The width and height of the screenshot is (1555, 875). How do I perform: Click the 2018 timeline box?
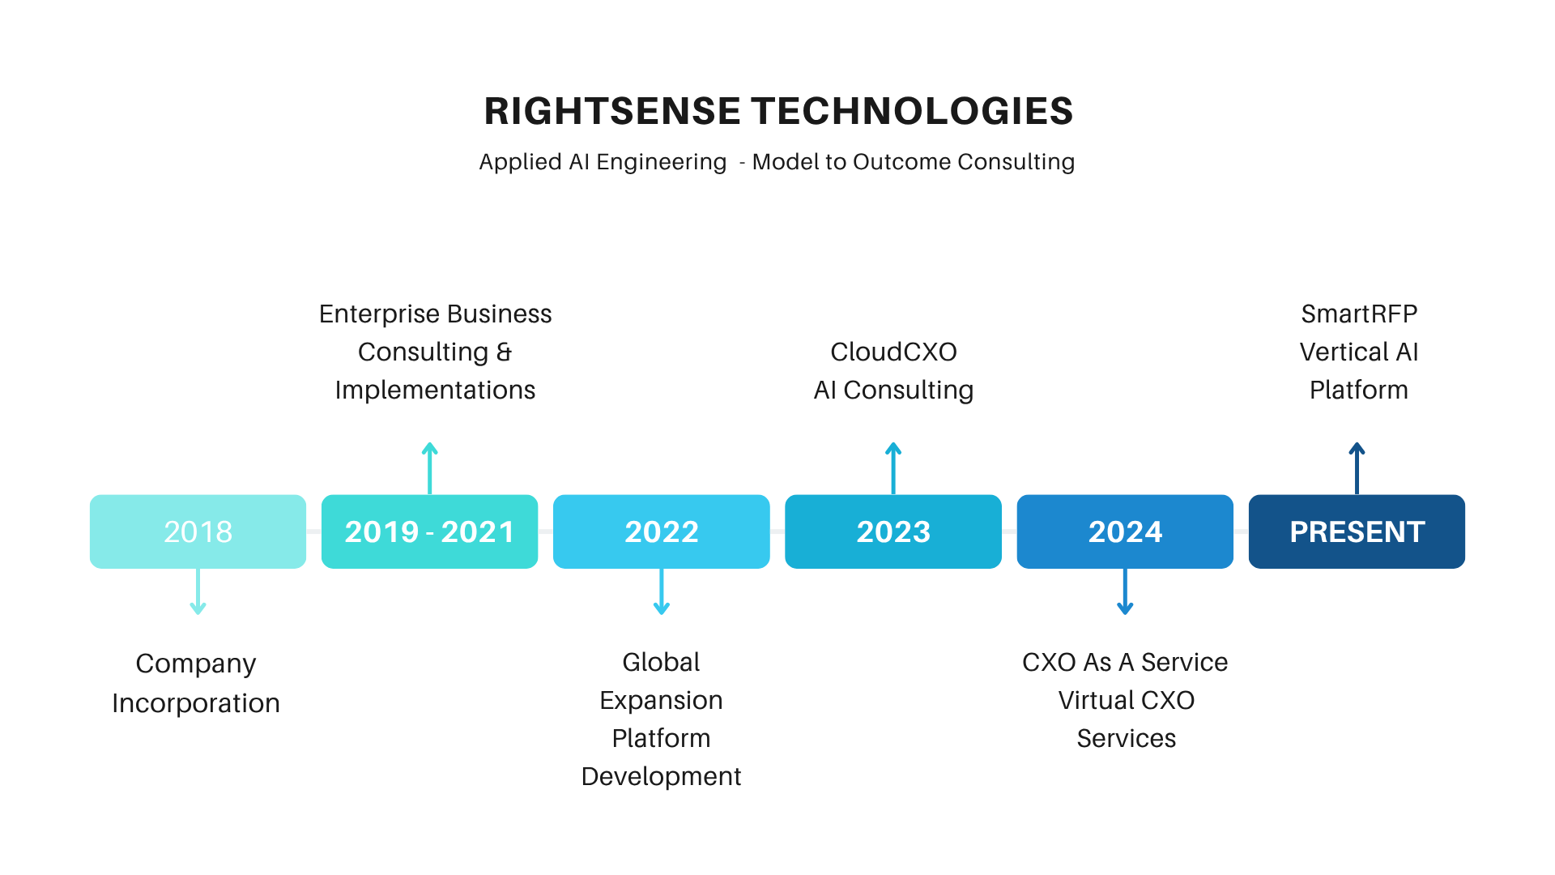point(198,531)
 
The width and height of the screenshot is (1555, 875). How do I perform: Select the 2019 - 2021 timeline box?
point(429,531)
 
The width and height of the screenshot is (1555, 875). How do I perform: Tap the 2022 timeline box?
point(661,531)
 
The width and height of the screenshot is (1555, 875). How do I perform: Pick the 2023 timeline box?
point(893,531)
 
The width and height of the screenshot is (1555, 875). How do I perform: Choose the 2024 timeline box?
point(1125,531)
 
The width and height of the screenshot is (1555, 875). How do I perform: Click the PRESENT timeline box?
point(1357,531)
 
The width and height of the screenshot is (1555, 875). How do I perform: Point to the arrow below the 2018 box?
point(198,591)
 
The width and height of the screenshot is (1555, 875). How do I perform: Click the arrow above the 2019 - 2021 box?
point(430,468)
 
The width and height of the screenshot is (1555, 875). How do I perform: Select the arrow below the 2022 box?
point(662,591)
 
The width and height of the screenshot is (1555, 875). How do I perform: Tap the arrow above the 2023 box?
point(893,468)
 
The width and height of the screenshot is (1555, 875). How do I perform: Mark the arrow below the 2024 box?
point(1125,591)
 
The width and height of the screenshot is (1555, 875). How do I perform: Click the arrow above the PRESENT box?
point(1357,468)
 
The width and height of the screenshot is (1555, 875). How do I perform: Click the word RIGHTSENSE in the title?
point(612,111)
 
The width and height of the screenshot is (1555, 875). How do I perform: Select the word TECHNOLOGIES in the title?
point(912,111)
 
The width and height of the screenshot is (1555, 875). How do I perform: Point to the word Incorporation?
point(196,703)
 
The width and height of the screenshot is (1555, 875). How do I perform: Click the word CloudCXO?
point(893,352)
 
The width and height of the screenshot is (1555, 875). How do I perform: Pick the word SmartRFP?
point(1359,314)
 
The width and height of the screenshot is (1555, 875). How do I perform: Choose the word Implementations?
point(435,391)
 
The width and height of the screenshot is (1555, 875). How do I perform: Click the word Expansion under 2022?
point(661,701)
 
